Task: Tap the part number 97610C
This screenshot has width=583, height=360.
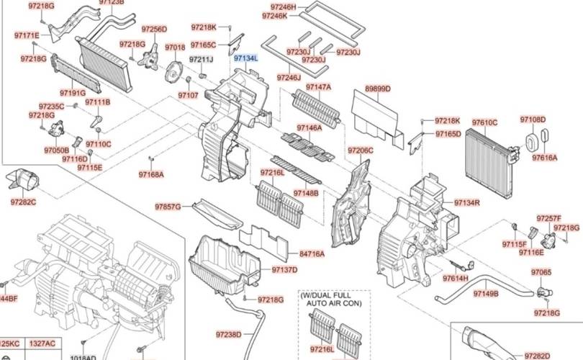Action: (484, 123)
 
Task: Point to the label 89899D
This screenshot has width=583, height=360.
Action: (377, 89)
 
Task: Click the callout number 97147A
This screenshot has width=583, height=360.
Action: (318, 87)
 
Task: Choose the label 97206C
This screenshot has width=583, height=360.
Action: (361, 150)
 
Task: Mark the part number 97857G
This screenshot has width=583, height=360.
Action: (168, 207)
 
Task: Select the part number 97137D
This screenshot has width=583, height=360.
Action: (284, 269)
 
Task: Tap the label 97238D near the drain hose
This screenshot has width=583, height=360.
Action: (228, 334)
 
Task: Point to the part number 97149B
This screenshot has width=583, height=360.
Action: (485, 294)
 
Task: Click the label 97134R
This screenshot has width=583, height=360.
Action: (466, 202)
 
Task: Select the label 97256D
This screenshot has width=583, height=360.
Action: (154, 30)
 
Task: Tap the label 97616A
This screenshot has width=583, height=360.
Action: (545, 157)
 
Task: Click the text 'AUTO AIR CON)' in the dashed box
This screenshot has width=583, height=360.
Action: (333, 305)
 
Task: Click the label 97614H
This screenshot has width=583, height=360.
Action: (456, 278)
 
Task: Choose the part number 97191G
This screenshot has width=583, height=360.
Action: (73, 93)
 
